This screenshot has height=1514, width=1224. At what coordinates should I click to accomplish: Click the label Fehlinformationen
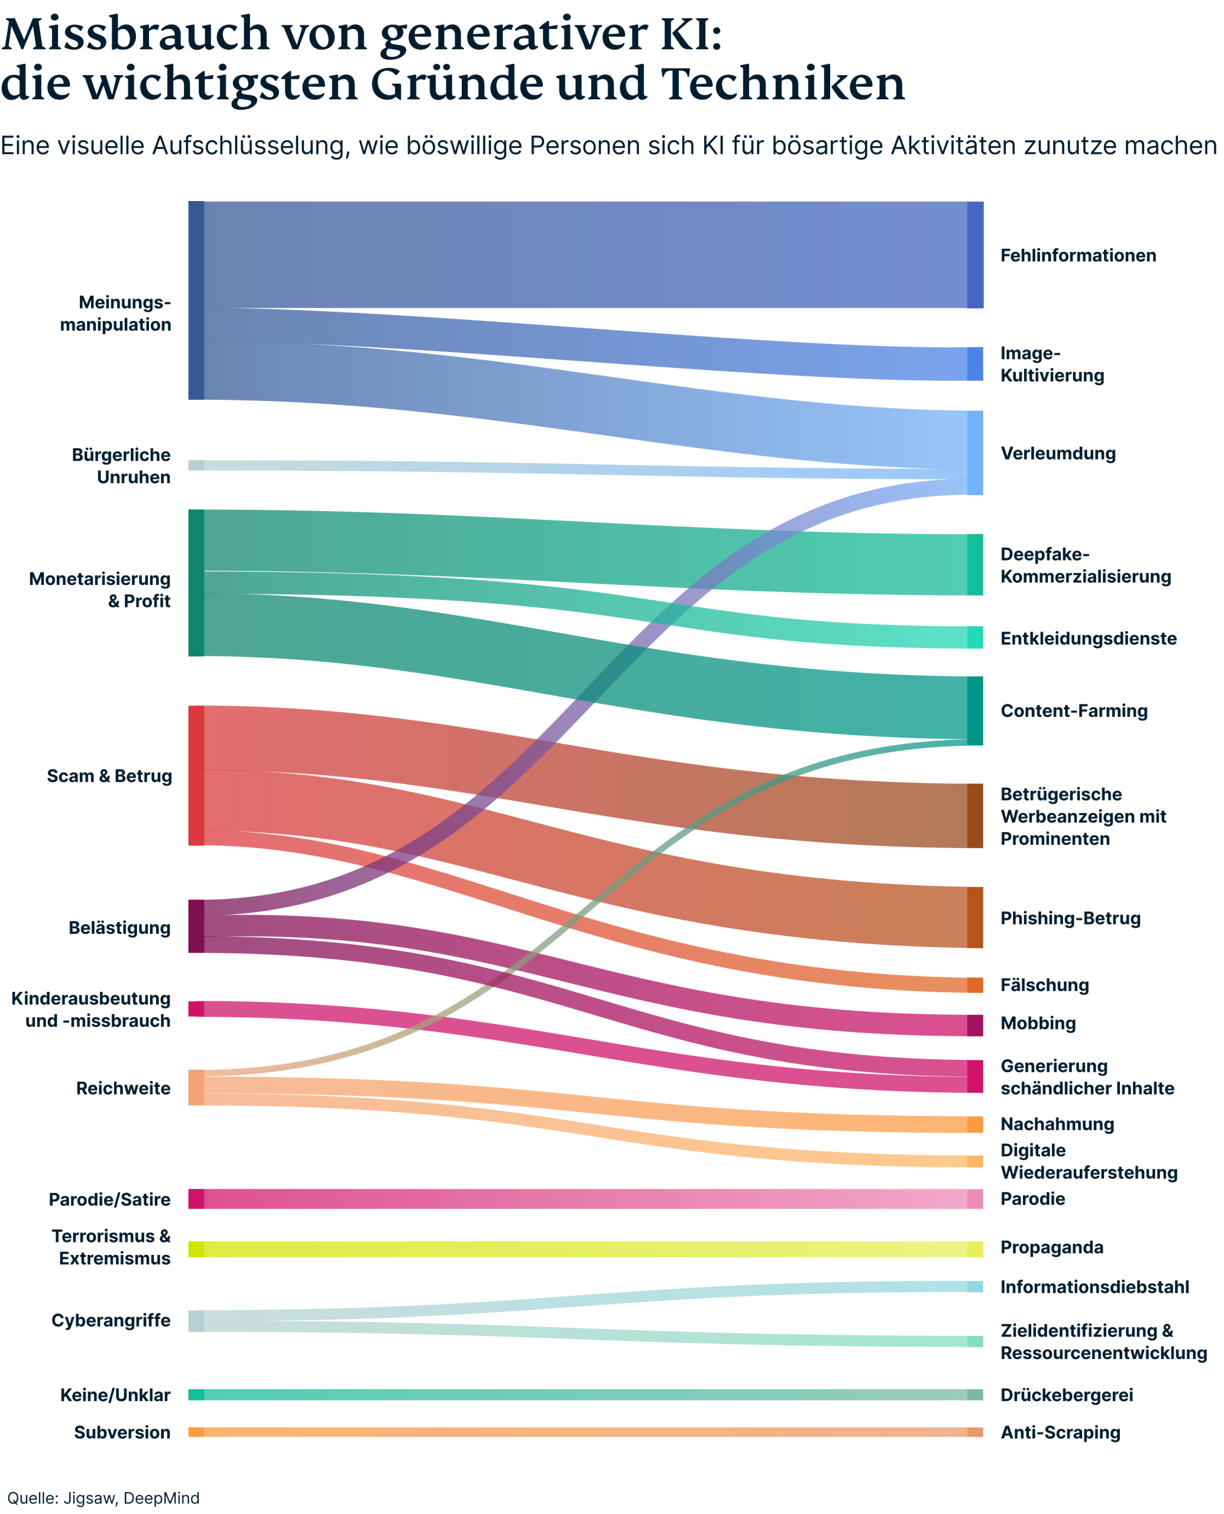click(1077, 255)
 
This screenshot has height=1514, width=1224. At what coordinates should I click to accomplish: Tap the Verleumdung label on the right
click(1058, 454)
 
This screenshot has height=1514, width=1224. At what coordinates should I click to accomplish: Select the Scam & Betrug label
click(109, 776)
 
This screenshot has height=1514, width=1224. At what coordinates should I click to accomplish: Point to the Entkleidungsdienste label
click(1088, 638)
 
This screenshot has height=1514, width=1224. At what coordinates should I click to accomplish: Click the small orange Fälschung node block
click(974, 985)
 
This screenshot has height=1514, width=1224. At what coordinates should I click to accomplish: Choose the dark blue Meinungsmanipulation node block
click(196, 300)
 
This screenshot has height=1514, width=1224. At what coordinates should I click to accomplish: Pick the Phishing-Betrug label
click(1070, 918)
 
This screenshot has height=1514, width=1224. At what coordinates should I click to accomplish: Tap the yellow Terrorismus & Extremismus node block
click(196, 1249)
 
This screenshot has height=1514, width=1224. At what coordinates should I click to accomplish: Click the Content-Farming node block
click(974, 711)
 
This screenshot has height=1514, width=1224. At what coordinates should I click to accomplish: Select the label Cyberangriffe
click(111, 1320)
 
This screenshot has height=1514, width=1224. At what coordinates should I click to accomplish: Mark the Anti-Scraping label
click(1060, 1432)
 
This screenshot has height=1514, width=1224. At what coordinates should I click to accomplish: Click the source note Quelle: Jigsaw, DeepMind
click(103, 1498)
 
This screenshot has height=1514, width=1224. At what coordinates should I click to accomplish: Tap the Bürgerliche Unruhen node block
click(196, 465)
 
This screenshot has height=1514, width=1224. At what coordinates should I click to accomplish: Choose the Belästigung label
click(119, 927)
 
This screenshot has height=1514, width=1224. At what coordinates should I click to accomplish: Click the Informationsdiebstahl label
click(1095, 1287)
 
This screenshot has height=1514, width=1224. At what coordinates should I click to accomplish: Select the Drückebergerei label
click(1066, 1395)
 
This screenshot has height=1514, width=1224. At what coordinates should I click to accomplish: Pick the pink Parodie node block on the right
click(974, 1199)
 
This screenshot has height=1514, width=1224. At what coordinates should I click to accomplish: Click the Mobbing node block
click(974, 1025)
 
